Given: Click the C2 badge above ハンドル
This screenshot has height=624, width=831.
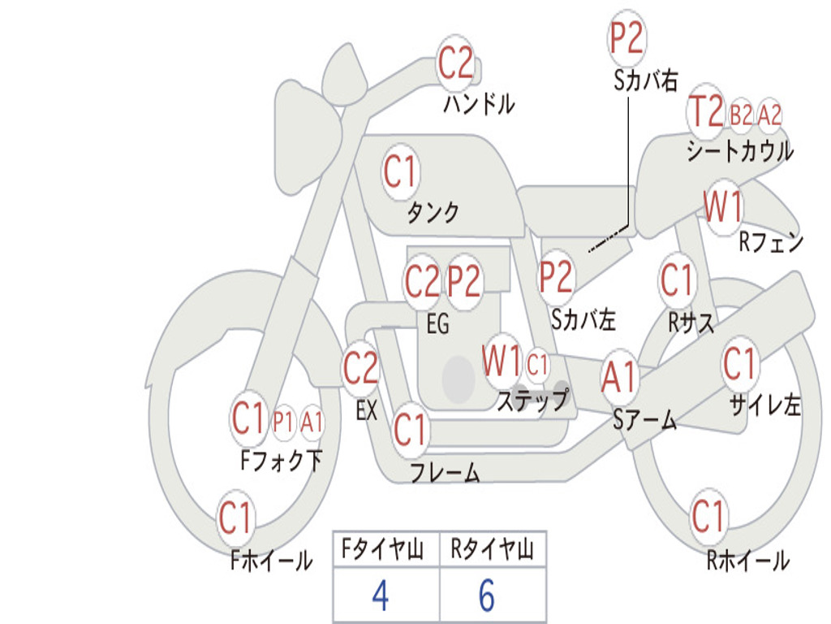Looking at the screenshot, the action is [x=455, y=63].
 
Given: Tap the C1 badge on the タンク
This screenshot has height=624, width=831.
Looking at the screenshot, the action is [x=399, y=172].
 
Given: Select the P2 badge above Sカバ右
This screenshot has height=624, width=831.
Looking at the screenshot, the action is [x=626, y=38].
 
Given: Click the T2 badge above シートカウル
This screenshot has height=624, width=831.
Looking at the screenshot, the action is [x=705, y=112].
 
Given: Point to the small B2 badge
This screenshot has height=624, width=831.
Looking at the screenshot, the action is [x=741, y=115].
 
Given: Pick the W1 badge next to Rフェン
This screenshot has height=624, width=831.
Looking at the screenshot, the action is [x=722, y=208].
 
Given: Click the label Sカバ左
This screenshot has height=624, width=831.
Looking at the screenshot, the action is [x=583, y=319].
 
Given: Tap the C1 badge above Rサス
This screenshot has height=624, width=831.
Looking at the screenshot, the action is [x=677, y=280].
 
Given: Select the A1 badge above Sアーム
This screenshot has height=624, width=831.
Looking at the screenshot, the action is [x=620, y=378].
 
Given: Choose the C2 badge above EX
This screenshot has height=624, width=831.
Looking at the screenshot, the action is [x=360, y=369].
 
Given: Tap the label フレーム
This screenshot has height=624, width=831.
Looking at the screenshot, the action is [x=445, y=473].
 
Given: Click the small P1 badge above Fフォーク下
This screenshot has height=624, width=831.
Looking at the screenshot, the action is [x=282, y=422].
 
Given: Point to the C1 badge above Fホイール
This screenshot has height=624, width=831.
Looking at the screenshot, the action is [x=236, y=518].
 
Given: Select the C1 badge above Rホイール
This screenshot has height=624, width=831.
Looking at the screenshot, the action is [x=708, y=516].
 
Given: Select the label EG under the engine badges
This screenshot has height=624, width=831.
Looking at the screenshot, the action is [x=437, y=324].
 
